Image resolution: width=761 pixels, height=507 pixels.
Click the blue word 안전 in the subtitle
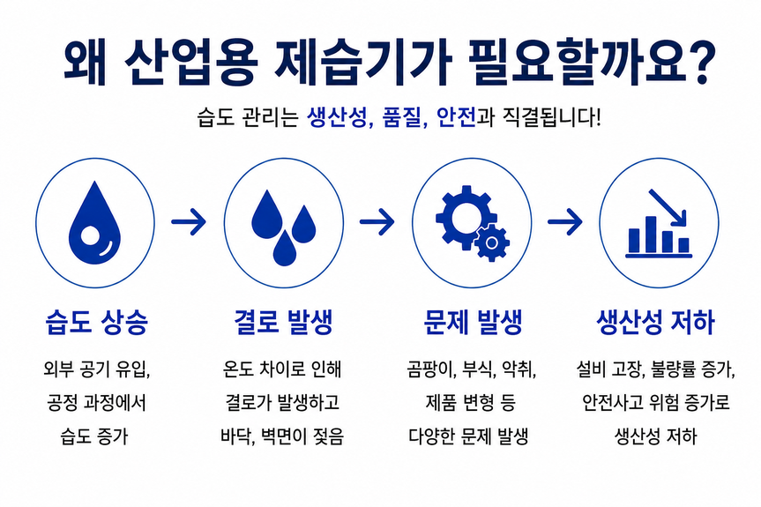point(456,117)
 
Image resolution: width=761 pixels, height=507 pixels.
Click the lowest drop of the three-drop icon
point(285,248)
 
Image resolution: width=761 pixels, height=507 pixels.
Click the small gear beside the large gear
point(492,242)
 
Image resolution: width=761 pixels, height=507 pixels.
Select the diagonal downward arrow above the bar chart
point(668,208)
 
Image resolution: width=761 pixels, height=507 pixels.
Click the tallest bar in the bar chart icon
point(651,235)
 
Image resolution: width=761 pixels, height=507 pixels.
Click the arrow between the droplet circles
point(189,221)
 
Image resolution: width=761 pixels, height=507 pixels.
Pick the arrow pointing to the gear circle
point(377,221)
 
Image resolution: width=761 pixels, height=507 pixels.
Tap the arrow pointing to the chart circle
point(565,221)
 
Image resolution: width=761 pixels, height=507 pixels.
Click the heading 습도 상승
point(97,321)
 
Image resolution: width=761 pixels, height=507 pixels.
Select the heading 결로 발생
point(283,321)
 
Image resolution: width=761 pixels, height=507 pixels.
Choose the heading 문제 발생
point(473,321)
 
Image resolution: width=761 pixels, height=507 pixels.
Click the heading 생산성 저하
point(656,321)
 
